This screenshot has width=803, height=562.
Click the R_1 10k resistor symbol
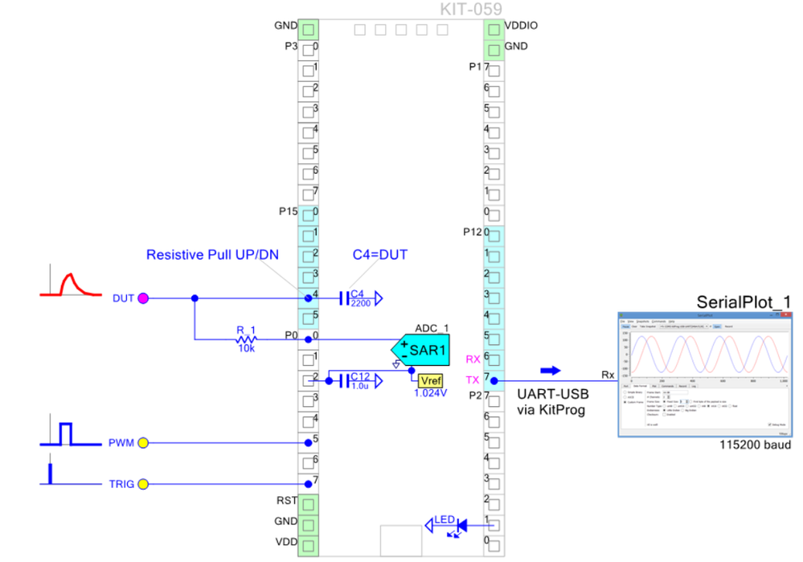(246, 338)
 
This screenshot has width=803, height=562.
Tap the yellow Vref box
(430, 380)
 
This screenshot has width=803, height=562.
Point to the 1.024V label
(430, 393)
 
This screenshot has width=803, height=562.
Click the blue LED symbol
(460, 526)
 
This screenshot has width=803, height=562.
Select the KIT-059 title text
(471, 9)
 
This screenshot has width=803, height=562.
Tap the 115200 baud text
(756, 445)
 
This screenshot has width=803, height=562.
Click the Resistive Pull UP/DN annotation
(212, 255)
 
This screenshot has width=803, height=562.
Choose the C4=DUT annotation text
(380, 255)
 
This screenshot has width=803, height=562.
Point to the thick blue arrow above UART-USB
(550, 371)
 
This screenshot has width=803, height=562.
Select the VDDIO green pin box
(494, 30)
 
